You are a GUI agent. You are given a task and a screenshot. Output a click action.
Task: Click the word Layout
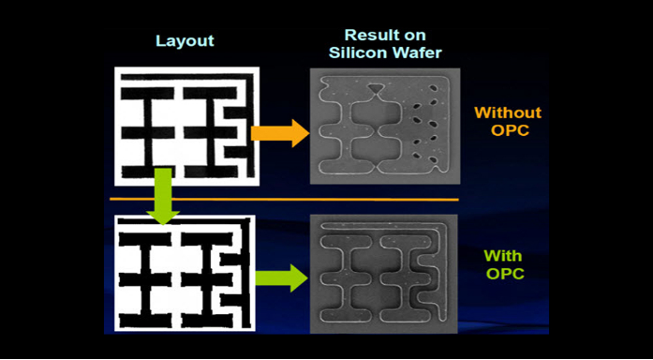pyautogui.click(x=185, y=41)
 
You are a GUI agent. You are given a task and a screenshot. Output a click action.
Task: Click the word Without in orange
pyautogui.click(x=508, y=112)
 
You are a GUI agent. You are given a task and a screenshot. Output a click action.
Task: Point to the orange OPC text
pyautogui.click(x=510, y=130)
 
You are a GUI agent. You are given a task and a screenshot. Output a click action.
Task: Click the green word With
pyautogui.click(x=503, y=255)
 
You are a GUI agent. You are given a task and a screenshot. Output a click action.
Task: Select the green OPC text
pyautogui.click(x=505, y=274)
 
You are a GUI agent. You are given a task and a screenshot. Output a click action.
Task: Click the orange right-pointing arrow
pyautogui.click(x=280, y=133)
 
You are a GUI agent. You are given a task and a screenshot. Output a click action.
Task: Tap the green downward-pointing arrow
pyautogui.click(x=162, y=196)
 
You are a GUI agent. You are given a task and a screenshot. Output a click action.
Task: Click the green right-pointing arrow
pyautogui.click(x=281, y=277)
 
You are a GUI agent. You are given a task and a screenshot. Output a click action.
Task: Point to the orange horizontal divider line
pyautogui.click(x=284, y=200)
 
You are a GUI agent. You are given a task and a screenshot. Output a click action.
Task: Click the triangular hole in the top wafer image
pyautogui.click(x=376, y=88)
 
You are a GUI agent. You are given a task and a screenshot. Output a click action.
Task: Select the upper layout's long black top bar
pyautogui.click(x=186, y=77)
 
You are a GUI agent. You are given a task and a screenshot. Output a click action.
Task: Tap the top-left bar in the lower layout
pyautogui.click(x=145, y=239)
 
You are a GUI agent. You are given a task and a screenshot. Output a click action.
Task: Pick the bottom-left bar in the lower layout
pyautogui.click(x=145, y=321)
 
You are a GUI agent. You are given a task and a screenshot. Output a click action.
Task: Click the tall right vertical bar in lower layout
pyautogui.click(x=245, y=274)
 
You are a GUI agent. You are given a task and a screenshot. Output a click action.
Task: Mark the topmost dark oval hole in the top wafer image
pyautogui.click(x=434, y=88)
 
